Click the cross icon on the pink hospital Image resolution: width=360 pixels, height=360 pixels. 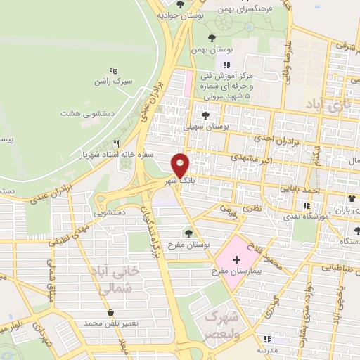(x=236, y=259)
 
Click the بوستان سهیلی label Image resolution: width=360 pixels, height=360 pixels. (x=207, y=127)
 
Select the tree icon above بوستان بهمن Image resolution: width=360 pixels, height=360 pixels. (x=212, y=38)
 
